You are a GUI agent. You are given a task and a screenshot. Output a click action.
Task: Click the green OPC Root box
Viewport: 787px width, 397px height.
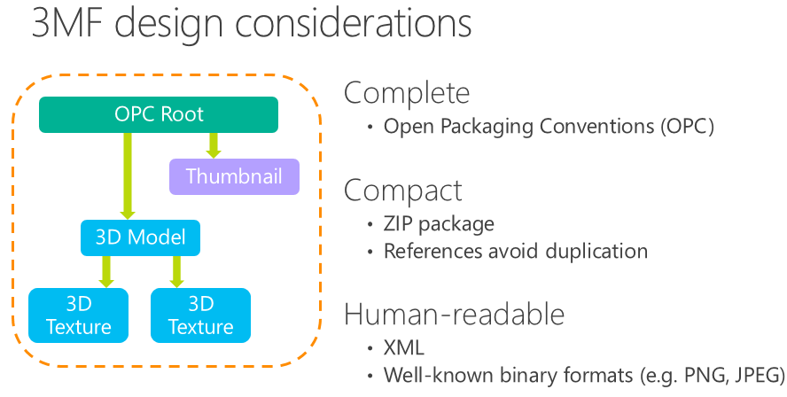[159, 114]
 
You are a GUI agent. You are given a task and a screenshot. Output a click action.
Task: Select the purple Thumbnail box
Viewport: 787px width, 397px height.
[234, 176]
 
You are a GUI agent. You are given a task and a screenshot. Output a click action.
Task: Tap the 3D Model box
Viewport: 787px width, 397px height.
[141, 237]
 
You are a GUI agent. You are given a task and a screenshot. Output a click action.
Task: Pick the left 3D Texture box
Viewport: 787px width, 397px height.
[78, 315]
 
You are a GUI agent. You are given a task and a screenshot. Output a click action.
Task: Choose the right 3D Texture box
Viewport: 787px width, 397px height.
[201, 315]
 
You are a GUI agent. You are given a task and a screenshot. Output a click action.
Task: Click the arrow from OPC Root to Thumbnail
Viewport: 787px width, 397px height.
[214, 145]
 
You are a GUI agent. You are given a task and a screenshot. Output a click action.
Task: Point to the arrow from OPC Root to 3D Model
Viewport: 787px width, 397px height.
[128, 176]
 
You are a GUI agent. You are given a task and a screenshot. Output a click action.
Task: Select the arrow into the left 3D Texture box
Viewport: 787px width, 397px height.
[105, 271]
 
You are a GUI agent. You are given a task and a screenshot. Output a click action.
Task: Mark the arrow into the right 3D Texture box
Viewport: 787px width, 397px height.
[176, 271]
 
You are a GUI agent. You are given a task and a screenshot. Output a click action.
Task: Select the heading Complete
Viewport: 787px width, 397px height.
[407, 93]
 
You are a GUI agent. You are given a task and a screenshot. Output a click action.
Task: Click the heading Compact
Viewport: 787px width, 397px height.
[403, 191]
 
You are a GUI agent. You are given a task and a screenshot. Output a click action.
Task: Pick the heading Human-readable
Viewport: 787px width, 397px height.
[455, 314]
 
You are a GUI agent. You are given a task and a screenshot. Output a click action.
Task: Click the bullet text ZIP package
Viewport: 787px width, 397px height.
[439, 224]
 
